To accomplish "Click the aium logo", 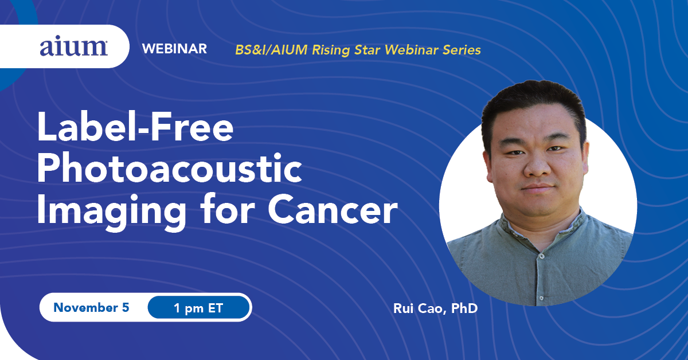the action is (73, 48).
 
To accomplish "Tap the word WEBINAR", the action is (174, 49).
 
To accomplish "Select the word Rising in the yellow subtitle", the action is (331, 50).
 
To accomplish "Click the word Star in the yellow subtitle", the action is (368, 50).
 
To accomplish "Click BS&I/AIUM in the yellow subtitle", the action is (271, 50).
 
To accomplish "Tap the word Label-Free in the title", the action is (135, 127).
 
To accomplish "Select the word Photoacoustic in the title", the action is (170, 169).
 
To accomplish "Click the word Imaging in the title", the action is (111, 212).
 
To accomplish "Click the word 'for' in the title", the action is (228, 209).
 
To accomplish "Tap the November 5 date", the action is (91, 307).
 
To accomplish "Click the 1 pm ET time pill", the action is (198, 307).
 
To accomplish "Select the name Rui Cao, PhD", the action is (436, 308).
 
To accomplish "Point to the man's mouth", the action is (538, 187).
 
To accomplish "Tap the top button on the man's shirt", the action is (541, 256).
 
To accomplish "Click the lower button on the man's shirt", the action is (541, 298).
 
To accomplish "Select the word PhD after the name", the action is (464, 308).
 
